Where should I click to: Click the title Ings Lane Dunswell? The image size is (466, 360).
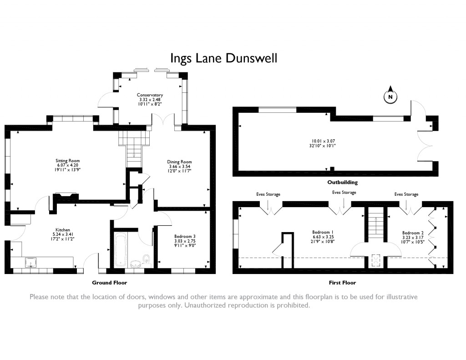[223, 59]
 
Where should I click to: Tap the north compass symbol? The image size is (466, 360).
[390, 95]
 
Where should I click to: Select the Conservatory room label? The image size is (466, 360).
[150, 95]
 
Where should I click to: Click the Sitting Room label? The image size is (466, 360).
[68, 161]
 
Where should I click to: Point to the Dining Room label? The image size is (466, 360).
[179, 162]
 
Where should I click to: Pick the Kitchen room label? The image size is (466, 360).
[63, 230]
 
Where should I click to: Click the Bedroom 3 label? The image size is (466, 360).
[185, 237]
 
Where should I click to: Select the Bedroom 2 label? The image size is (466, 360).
[413, 233]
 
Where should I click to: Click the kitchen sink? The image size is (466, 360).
[31, 262]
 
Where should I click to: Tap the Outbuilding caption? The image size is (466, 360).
[342, 182]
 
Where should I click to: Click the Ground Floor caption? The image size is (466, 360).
[109, 283]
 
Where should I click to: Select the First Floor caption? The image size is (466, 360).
[342, 283]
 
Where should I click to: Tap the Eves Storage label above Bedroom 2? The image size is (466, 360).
[406, 194]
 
